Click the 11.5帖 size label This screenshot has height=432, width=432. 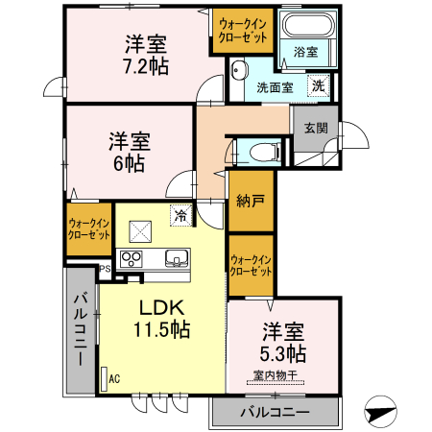(x=161, y=329)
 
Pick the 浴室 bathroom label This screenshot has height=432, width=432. (x=306, y=51)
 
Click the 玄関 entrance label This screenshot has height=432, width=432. (x=316, y=126)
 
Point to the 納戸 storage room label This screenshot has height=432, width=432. (x=251, y=202)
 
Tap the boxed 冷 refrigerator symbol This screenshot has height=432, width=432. (x=180, y=215)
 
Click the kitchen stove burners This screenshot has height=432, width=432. (x=132, y=257)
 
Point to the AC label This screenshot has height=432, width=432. (x=114, y=378)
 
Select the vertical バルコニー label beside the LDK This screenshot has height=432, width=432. (x=81, y=328)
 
